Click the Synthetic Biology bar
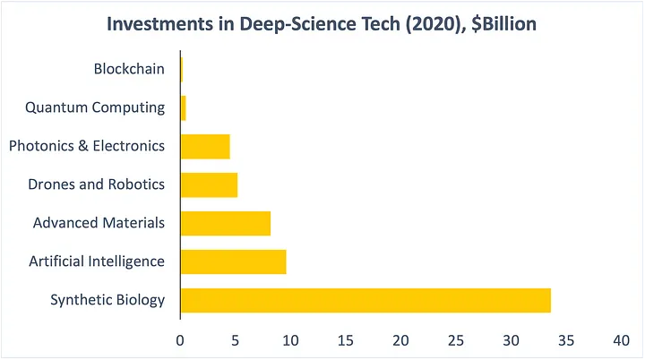pyautogui.click(x=365, y=300)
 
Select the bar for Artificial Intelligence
pyautogui.click(x=233, y=261)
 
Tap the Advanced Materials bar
pyautogui.click(x=226, y=223)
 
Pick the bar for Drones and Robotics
pyautogui.click(x=209, y=184)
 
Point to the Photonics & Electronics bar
pyautogui.click(x=205, y=146)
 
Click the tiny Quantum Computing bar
pyautogui.click(x=184, y=107)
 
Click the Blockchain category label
pyautogui.click(x=129, y=69)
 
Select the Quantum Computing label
pyautogui.click(x=95, y=107)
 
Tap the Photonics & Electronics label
pyautogui.click(x=87, y=146)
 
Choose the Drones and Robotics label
pyautogui.click(x=97, y=184)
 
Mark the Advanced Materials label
pyautogui.click(x=99, y=223)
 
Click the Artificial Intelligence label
pyautogui.click(x=97, y=261)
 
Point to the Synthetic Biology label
pyautogui.click(x=107, y=300)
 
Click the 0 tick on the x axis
pyautogui.click(x=180, y=341)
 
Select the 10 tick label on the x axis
pyautogui.click(x=289, y=341)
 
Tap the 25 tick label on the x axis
pyautogui.click(x=455, y=341)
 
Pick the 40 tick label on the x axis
pyautogui.click(x=621, y=341)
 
